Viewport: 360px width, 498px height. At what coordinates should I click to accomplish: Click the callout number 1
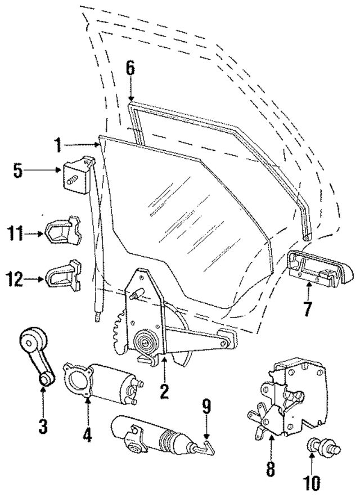pos(58,145)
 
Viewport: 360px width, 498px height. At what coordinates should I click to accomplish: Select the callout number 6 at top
pos(130,69)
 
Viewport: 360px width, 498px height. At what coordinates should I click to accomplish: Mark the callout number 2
pos(164,391)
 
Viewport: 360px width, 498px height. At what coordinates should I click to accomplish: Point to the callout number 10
pos(311,482)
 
